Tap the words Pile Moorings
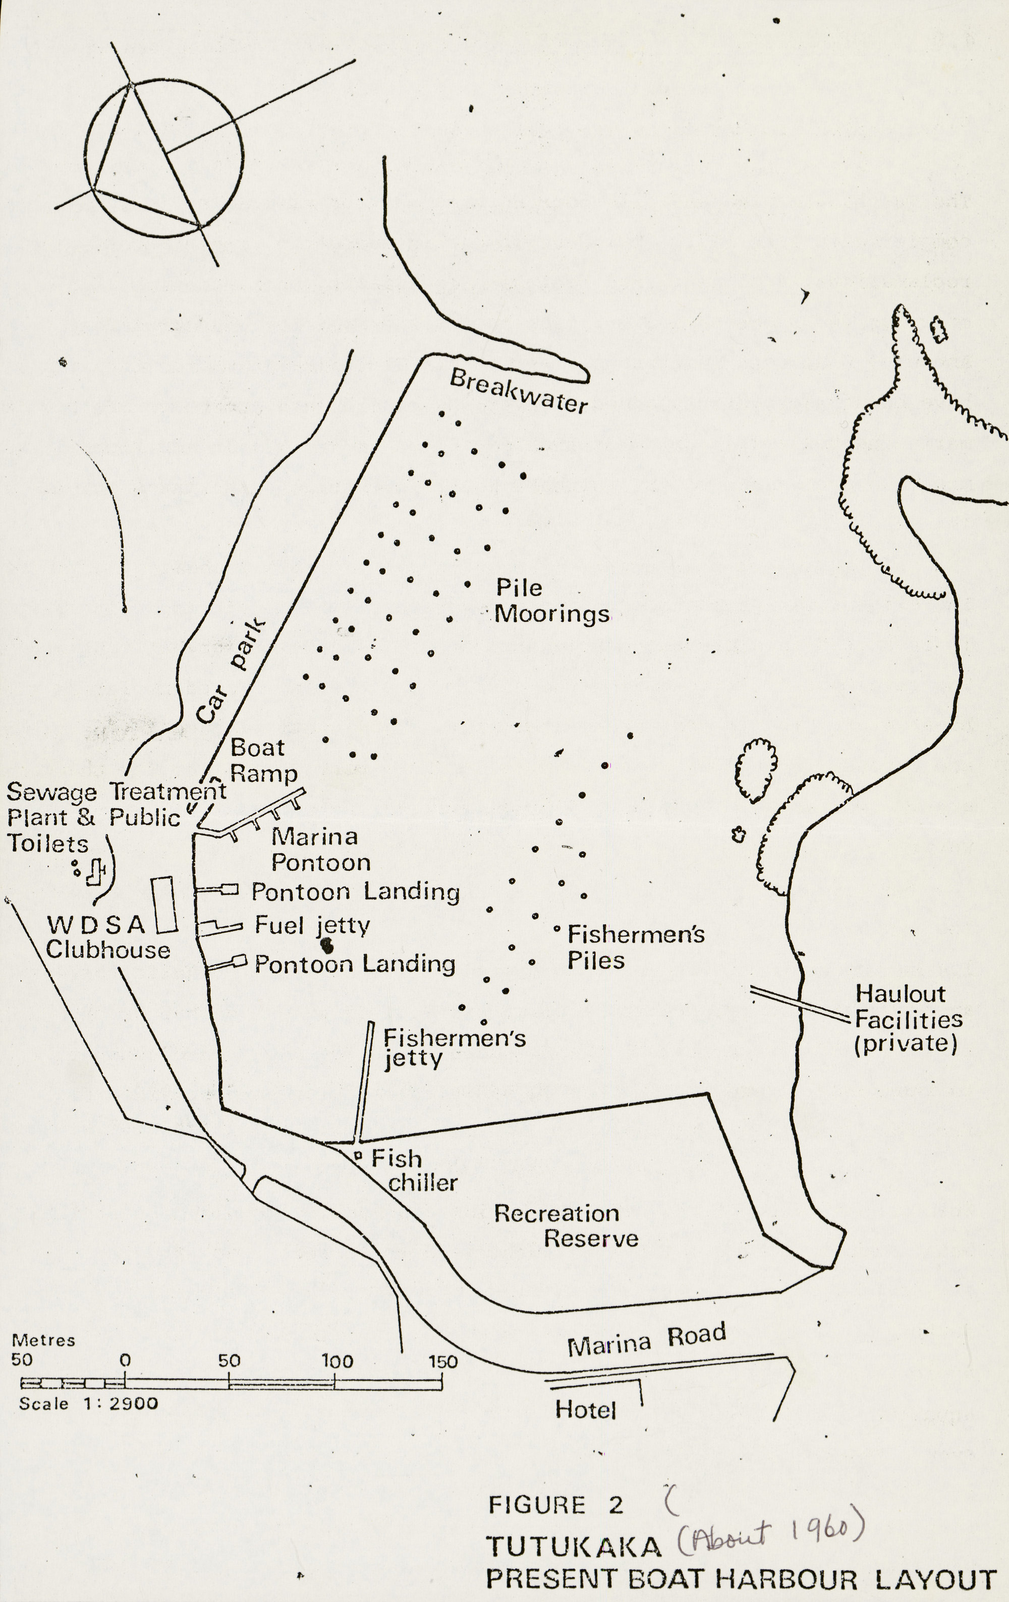(551, 601)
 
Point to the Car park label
(231, 672)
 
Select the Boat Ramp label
(262, 760)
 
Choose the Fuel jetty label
(312, 925)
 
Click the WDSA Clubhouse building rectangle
(164, 904)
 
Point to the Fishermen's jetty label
(454, 1047)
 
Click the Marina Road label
(646, 1340)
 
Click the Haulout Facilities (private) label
(908, 1019)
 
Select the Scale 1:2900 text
(88, 1404)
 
